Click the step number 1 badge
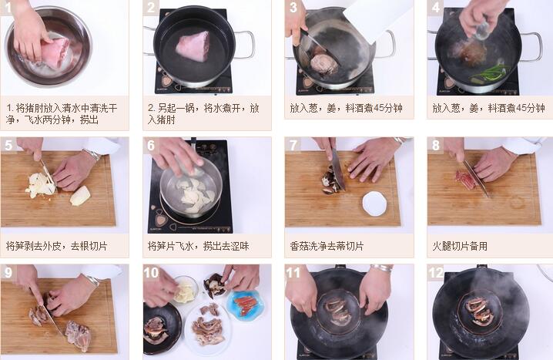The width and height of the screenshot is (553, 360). (x=7, y=7)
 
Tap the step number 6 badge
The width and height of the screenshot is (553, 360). (x=151, y=145)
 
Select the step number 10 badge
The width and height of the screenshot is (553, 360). (x=151, y=272)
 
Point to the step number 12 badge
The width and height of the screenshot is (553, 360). (x=436, y=272)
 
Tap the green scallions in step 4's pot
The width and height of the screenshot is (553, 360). (x=489, y=72)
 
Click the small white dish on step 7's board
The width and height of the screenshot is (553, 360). (x=374, y=203)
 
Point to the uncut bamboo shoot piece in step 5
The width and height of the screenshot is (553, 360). (x=80, y=196)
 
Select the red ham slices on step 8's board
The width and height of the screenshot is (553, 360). (x=465, y=177)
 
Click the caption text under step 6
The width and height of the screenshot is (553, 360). (x=198, y=246)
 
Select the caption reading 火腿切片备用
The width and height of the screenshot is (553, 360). (x=460, y=246)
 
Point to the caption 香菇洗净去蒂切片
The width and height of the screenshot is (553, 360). (x=327, y=246)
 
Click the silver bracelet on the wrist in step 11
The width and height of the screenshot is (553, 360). (x=381, y=269)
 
